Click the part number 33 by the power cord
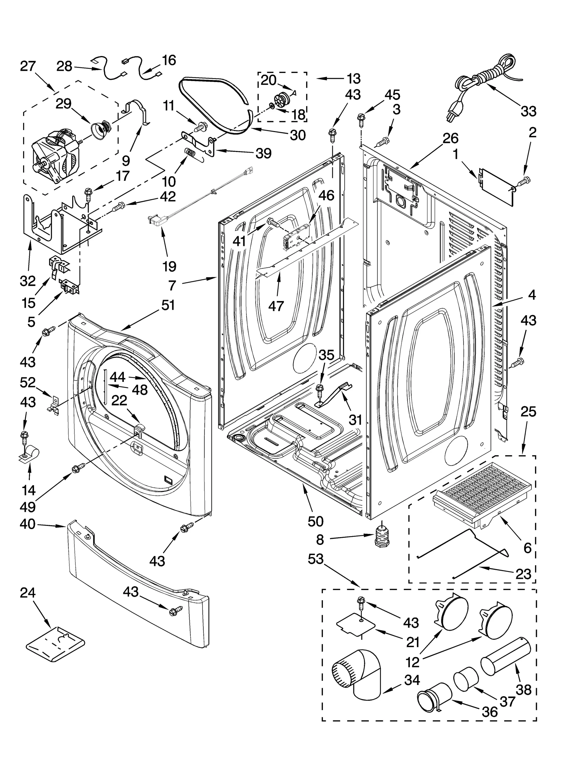pyautogui.click(x=528, y=111)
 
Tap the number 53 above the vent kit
pyautogui.click(x=316, y=559)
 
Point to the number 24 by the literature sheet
pyautogui.click(x=28, y=593)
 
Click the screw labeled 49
pyautogui.click(x=78, y=468)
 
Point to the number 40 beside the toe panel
pyautogui.click(x=28, y=524)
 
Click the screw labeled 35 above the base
pyautogui.click(x=319, y=389)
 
